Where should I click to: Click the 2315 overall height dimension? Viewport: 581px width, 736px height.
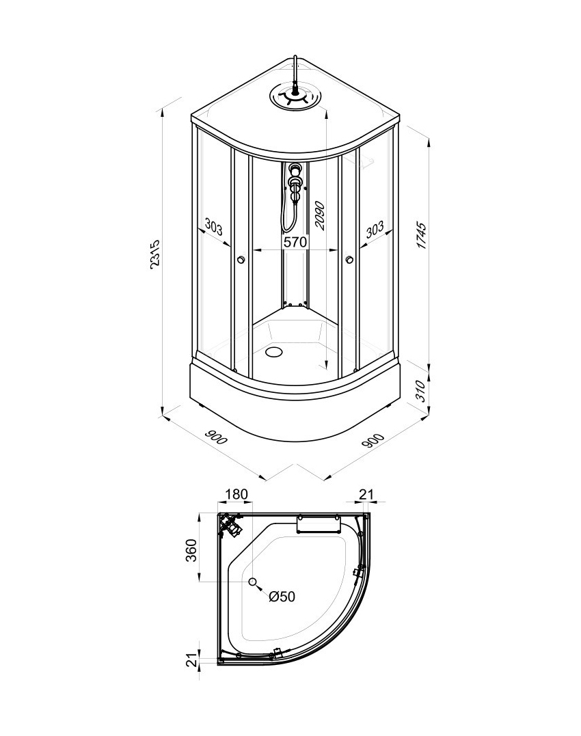coord(155,254)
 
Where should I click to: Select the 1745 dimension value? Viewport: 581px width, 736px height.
coord(422,236)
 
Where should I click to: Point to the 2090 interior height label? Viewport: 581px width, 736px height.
coord(320,215)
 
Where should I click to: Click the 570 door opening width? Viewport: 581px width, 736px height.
coord(295,242)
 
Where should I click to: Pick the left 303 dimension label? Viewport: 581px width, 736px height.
coord(213,228)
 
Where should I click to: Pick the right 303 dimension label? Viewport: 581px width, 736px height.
coord(375,229)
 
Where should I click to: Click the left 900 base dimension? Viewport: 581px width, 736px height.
coord(216,437)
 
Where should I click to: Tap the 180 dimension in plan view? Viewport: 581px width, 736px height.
coord(236,494)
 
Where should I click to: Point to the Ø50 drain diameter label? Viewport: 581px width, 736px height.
coord(282,597)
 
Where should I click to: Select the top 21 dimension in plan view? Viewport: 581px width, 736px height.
coord(366,494)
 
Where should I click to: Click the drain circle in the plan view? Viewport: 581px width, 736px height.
coord(253,582)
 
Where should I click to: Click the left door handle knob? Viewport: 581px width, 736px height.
coord(241,259)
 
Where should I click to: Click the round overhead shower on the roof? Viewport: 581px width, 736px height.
coord(296,98)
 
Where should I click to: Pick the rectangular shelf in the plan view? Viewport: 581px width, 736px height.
coord(319,523)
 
